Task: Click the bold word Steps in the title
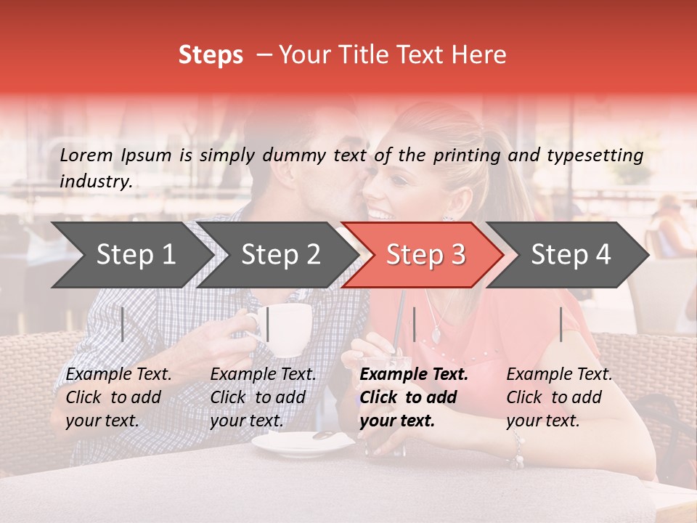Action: coord(211,55)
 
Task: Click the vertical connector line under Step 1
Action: coord(123,324)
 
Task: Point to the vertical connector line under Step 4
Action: coord(561,324)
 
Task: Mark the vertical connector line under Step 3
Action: coord(414,324)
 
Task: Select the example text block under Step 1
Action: coord(118,397)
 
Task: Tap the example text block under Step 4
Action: coord(559,397)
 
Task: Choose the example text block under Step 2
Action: coord(263,397)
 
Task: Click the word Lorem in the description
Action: coord(86,155)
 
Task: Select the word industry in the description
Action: coord(95,182)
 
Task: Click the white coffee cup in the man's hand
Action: coord(288,328)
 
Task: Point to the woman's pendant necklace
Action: coord(436,335)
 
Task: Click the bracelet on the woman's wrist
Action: coord(516,448)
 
